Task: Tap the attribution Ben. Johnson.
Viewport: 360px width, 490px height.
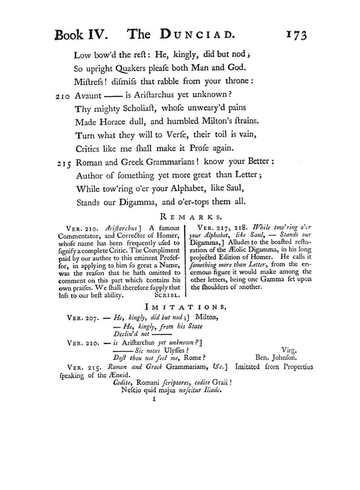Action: pos(275,357)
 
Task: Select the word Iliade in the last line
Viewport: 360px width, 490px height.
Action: pos(211,390)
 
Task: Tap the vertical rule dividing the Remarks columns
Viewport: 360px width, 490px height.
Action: pos(186,261)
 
